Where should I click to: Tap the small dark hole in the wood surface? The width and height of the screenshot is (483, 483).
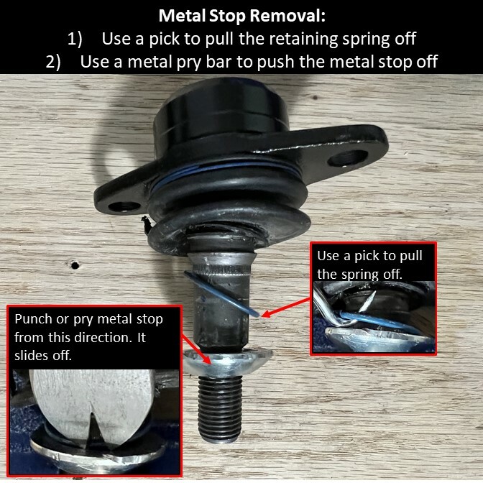pos(74,264)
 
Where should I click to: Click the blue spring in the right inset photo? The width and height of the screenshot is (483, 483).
pos(374,318)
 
